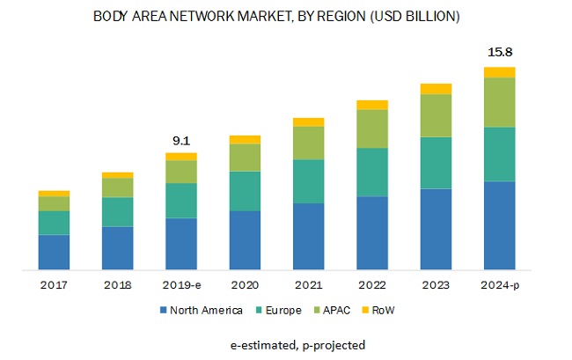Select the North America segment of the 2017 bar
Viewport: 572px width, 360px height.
[54, 252]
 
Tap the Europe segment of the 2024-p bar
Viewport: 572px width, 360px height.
[500, 154]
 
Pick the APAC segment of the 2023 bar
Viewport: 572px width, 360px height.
[436, 115]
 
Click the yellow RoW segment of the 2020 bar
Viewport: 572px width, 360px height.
[245, 139]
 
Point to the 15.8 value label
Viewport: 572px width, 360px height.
[500, 52]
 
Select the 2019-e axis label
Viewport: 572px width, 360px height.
[181, 285]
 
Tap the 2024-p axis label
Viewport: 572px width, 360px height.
[500, 285]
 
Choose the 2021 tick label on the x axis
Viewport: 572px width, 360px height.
[309, 285]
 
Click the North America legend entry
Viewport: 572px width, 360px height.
[201, 310]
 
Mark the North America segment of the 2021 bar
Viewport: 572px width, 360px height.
[309, 236]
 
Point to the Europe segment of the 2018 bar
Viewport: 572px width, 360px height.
[118, 212]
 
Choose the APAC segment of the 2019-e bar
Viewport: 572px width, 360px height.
[181, 172]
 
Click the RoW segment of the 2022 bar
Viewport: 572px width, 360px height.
[372, 105]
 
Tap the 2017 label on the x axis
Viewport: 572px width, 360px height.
[54, 285]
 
